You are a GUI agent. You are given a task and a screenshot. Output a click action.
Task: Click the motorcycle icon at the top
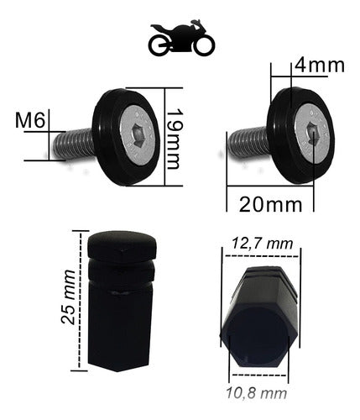pos(179,40)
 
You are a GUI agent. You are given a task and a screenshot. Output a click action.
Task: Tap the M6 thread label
pos(31,121)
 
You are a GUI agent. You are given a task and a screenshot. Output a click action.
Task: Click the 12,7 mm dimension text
pos(263,244)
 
